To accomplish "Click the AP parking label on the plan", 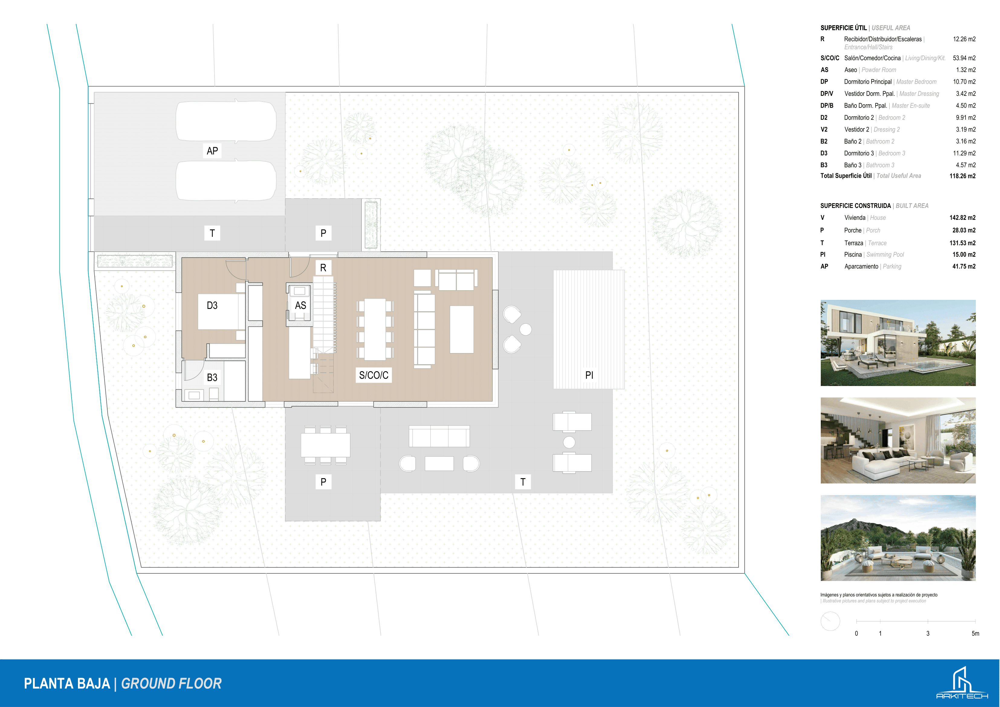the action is point(212,151).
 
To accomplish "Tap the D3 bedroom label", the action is point(212,305).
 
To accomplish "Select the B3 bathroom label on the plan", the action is point(212,377).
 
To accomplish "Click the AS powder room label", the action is point(300,305).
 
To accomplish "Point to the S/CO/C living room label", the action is point(374,375).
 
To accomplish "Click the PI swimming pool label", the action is point(589,375).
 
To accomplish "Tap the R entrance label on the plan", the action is point(323,268).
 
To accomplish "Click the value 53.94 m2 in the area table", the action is point(964,58).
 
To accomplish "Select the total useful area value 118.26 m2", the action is point(963,176).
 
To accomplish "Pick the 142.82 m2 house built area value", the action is point(963,217).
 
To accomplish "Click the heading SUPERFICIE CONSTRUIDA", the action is point(856,206).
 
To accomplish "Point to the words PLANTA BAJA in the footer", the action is point(67,683).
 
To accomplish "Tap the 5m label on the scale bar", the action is point(975,633).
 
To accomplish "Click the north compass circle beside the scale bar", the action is point(830,621).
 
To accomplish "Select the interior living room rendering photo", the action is point(898,440).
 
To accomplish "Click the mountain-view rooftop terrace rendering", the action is point(898,538).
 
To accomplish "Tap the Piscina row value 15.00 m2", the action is point(964,255).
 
